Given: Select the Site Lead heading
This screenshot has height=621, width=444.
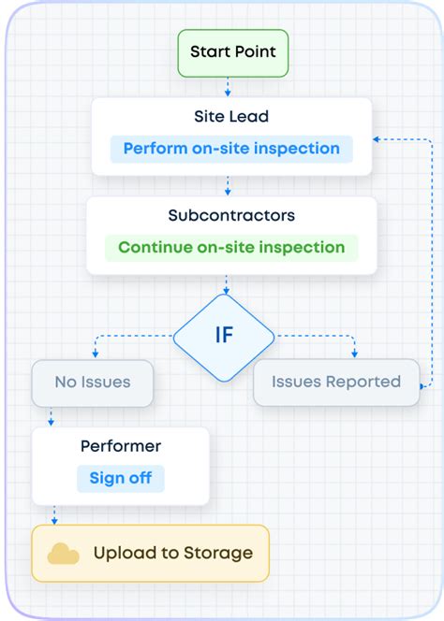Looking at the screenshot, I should tap(230, 117).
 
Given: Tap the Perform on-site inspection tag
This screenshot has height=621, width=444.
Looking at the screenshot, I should tap(230, 149).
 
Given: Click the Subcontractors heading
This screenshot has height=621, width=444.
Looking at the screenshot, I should tap(230, 216).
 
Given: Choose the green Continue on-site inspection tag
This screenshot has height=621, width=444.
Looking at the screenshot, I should tap(230, 248).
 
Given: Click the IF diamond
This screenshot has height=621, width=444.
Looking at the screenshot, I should tap(224, 337).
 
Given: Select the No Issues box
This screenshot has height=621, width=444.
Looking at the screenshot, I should tap(92, 382).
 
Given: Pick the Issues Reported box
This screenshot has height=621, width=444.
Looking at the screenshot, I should tap(335, 382).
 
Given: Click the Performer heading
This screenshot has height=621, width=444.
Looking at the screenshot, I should tap(120, 446).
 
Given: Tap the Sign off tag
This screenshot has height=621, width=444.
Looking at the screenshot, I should tap(120, 478).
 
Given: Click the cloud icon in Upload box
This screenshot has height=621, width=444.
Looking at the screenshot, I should tap(64, 554).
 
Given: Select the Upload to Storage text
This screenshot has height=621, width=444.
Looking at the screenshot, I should tap(172, 553).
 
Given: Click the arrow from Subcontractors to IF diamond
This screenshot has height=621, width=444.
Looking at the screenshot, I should tap(226, 284).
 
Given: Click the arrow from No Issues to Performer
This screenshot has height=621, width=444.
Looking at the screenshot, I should tap(52, 417).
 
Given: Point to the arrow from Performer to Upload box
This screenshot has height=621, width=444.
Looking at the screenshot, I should tap(53, 514).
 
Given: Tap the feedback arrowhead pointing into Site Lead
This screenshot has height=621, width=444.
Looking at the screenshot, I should tap(377, 138).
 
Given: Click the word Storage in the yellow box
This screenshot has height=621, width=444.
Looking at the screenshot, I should tap(217, 553).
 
